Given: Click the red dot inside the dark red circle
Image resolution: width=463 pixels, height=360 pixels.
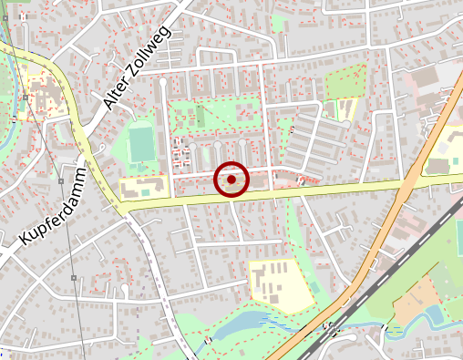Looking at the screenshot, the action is [x=231, y=180].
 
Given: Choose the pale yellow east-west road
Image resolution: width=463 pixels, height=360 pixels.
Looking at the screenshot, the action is [x=301, y=191].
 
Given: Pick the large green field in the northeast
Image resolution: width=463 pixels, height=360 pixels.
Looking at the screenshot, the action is [x=345, y=83].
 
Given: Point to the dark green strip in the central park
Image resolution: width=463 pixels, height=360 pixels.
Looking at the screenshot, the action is [x=200, y=117].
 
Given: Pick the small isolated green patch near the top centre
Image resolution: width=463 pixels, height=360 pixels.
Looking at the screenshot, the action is [x=278, y=23].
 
